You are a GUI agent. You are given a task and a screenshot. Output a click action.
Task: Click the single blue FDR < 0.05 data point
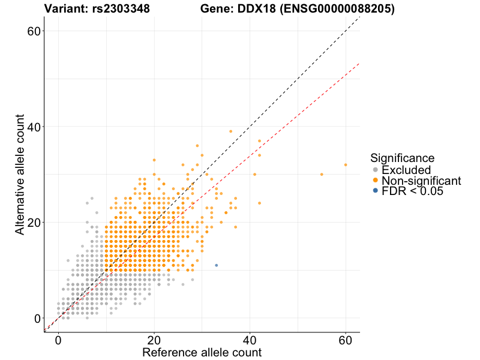pos(216,265)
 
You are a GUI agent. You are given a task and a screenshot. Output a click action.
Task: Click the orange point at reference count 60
pos(346,164)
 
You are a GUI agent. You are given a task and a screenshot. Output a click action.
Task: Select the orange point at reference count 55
pos(322,174)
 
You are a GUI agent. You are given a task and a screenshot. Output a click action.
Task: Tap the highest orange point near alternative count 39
pos(230,131)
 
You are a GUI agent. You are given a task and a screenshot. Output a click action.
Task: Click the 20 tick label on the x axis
pos(154,338)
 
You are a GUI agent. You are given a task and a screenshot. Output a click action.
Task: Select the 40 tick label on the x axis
pos(250,338)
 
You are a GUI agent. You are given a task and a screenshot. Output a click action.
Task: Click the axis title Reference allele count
pos(202,352)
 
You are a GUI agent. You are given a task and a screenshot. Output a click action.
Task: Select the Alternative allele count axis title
pos(20,174)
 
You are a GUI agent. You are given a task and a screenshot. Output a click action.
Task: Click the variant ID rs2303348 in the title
pos(122,9)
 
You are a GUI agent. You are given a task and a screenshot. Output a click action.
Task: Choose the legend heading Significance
pos(402,158)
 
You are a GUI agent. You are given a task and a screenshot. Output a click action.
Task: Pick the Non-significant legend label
pos(421,181)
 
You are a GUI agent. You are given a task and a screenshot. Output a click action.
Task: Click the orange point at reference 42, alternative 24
pos(259,203)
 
